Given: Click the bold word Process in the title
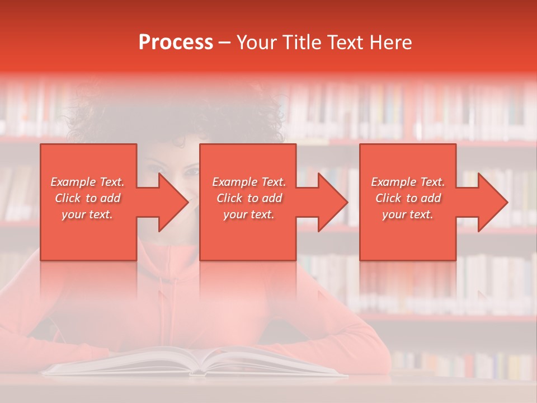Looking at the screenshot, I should click(176, 43).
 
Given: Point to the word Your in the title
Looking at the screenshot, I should click(256, 43).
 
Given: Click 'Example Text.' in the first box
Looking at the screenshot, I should click(87, 182).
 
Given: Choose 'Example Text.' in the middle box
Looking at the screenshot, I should click(249, 182).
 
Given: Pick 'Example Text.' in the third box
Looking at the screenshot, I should click(408, 182).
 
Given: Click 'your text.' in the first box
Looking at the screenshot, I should click(87, 214).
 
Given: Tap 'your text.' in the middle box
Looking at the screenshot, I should click(249, 214).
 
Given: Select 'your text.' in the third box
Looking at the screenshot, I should click(408, 214).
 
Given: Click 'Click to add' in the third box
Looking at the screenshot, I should click(408, 198).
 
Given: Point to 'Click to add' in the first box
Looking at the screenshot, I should click(87, 198).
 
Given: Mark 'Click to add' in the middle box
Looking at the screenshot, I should click(249, 198).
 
